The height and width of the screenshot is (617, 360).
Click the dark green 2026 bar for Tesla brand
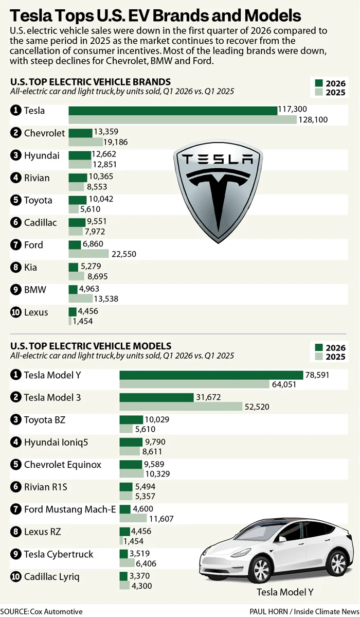(x=173, y=111)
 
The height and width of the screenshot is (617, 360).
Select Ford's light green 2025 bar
(x=88, y=254)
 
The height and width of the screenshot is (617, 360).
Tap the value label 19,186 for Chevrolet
(x=118, y=142)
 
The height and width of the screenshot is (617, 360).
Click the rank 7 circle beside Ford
(x=15, y=245)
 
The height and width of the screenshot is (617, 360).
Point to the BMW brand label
(x=35, y=290)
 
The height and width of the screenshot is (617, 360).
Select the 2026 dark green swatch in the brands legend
(x=318, y=83)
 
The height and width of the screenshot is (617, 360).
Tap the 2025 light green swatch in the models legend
(x=318, y=357)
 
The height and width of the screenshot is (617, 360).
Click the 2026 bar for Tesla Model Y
(x=211, y=375)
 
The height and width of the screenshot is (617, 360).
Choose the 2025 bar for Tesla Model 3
(x=181, y=407)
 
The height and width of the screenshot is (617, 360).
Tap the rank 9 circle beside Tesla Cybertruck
(x=15, y=554)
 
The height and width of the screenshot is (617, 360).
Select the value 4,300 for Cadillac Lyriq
(x=142, y=586)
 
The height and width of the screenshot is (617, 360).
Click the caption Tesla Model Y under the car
(x=284, y=592)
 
